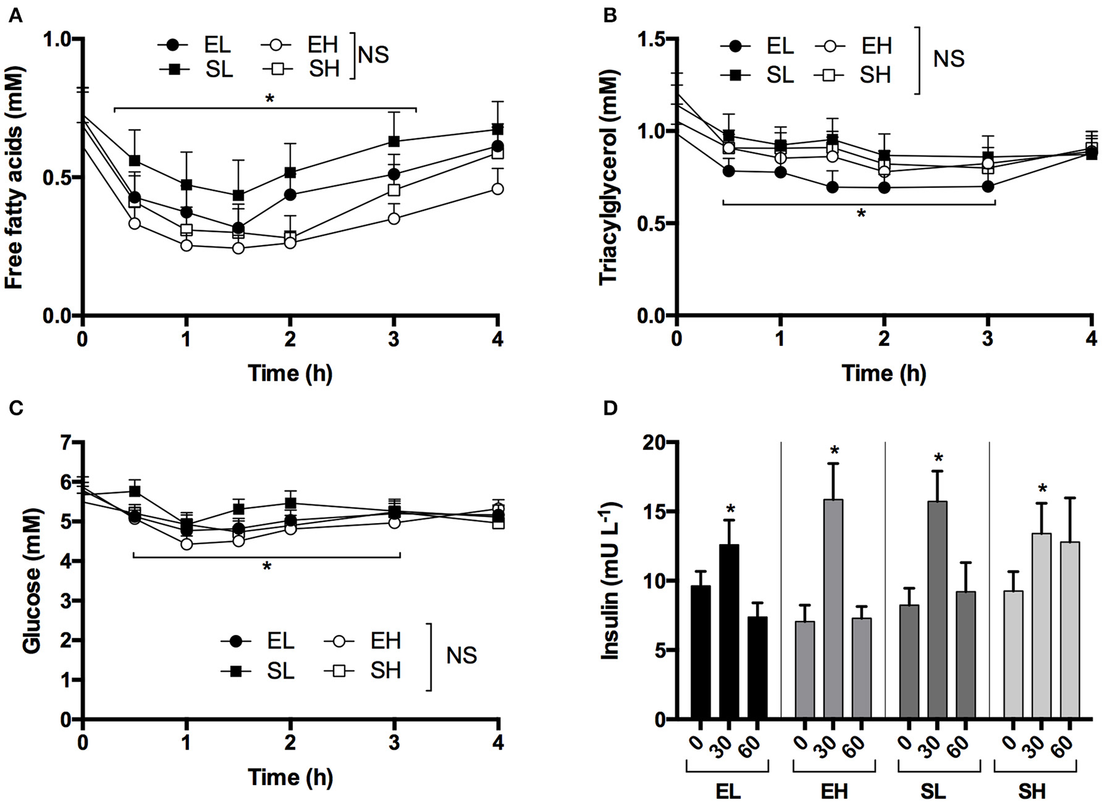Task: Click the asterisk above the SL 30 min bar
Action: click(938, 460)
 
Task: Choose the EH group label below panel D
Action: click(834, 792)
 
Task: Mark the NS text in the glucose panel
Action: click(461, 656)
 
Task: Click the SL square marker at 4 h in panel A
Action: click(497, 129)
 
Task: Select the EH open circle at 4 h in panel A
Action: click(497, 188)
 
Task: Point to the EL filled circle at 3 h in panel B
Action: click(988, 186)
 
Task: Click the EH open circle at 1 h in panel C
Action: click(186, 544)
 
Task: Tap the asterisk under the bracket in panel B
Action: click(861, 214)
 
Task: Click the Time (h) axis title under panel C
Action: click(290, 777)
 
